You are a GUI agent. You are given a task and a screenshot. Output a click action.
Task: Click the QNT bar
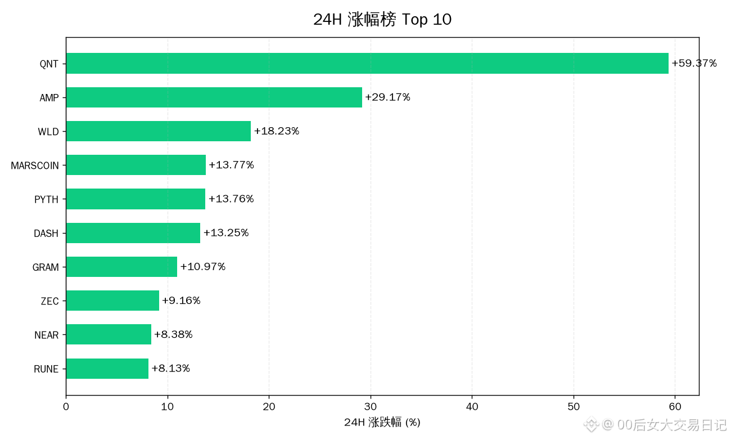pos(367,64)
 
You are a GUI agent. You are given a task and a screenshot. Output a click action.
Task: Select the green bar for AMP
pos(214,97)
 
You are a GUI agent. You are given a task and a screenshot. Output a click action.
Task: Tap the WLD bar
pos(159,131)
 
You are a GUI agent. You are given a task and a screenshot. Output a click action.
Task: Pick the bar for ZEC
pos(112,301)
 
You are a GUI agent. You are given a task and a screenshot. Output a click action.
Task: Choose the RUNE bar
pos(107,369)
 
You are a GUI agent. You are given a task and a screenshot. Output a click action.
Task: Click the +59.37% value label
pos(694,63)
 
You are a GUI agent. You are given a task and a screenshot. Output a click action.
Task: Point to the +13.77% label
pos(231,164)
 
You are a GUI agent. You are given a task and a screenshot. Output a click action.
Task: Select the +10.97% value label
pos(203,267)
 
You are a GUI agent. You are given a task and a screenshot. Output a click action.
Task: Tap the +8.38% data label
pos(173,334)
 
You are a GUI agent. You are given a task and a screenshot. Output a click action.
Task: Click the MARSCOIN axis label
pos(35,165)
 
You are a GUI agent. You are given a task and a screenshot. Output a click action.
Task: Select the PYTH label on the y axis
pos(46,199)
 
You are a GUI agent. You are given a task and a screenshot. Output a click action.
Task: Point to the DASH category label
pos(46,233)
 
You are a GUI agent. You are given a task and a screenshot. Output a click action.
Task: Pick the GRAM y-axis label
pos(46,267)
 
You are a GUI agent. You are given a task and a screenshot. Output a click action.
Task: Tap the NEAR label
pos(47,335)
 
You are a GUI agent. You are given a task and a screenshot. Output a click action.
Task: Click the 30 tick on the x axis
pos(371,407)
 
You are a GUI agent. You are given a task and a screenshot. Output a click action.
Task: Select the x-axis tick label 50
pos(574,407)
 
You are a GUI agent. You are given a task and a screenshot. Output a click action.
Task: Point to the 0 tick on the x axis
pos(66,407)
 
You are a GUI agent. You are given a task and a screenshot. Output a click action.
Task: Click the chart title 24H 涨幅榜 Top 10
pos(382,19)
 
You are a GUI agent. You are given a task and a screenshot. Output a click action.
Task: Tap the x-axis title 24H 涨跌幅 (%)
pos(382,422)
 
